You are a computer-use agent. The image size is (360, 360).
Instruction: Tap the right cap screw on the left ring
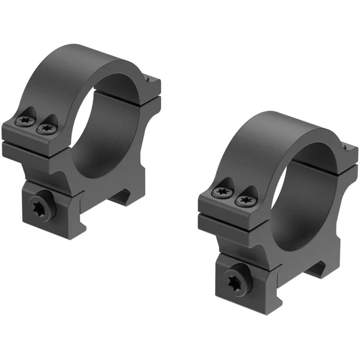pos(45,129)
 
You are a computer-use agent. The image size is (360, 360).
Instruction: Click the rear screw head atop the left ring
pos(148,80)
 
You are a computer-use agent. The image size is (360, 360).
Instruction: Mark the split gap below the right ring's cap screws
pos(225,215)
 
